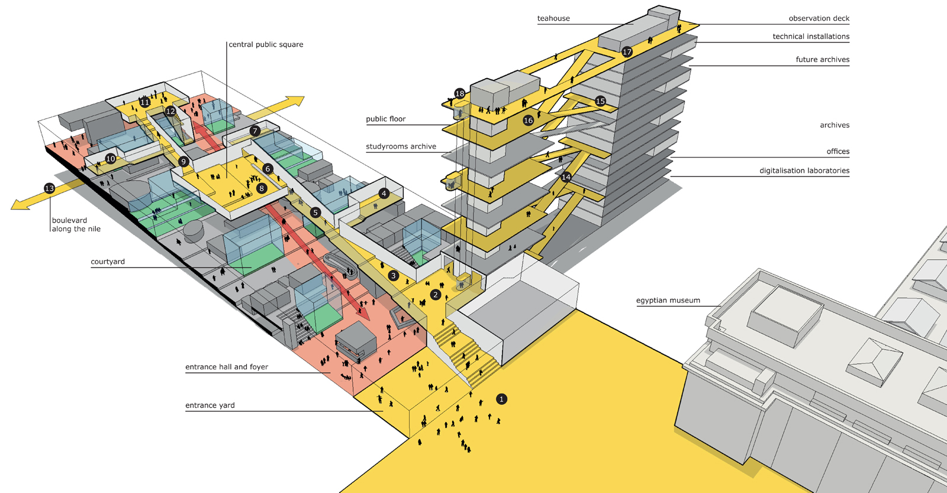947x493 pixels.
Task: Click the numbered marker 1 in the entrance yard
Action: pos(501,399)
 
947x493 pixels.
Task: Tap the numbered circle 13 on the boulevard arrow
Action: pos(49,188)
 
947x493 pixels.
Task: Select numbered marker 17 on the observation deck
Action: pos(627,51)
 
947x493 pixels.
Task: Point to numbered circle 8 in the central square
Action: pos(262,188)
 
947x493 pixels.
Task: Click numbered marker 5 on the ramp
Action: pos(315,212)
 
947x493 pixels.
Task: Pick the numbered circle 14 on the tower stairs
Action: pos(566,176)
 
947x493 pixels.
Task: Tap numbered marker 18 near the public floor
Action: pos(459,94)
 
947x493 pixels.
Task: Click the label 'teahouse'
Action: pos(553,18)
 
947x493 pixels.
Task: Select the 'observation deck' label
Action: pos(819,18)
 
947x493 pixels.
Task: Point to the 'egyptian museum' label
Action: pos(668,300)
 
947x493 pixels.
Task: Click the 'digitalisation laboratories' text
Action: pos(804,170)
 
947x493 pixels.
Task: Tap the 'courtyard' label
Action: pos(108,262)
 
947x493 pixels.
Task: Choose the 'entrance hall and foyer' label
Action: pos(227,367)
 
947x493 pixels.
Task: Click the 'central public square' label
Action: pos(266,44)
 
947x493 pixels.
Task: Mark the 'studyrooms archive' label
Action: pos(401,146)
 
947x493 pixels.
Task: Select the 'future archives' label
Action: pos(822,59)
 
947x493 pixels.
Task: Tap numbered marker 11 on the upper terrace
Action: pos(144,102)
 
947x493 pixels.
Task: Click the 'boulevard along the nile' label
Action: pos(76,224)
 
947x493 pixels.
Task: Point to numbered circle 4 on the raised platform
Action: pos(384,193)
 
